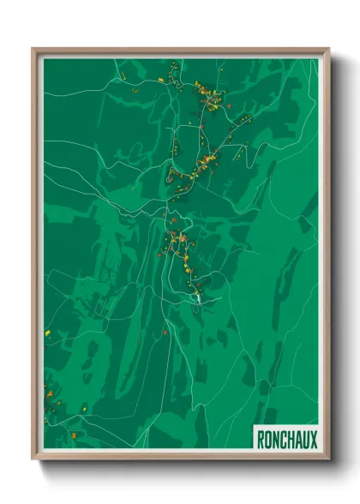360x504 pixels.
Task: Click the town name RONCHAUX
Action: click(x=286, y=440)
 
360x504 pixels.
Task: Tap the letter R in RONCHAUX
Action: click(x=261, y=440)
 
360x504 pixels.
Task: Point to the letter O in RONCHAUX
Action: click(x=269, y=440)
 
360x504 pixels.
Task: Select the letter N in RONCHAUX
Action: click(x=277, y=440)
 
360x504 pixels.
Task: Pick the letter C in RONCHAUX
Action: click(x=285, y=440)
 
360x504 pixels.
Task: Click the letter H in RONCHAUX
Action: click(x=292, y=440)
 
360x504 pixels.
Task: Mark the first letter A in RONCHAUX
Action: click(x=299, y=440)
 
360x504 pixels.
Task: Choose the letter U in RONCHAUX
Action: click(x=306, y=440)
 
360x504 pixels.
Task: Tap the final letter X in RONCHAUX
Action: click(x=314, y=440)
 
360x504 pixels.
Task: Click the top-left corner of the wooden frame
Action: click(x=33, y=49)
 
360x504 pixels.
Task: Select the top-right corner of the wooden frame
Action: click(x=329, y=49)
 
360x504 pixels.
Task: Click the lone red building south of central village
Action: click(x=164, y=332)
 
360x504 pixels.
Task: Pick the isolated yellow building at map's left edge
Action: click(x=48, y=329)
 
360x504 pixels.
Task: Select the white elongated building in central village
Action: click(x=197, y=296)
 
